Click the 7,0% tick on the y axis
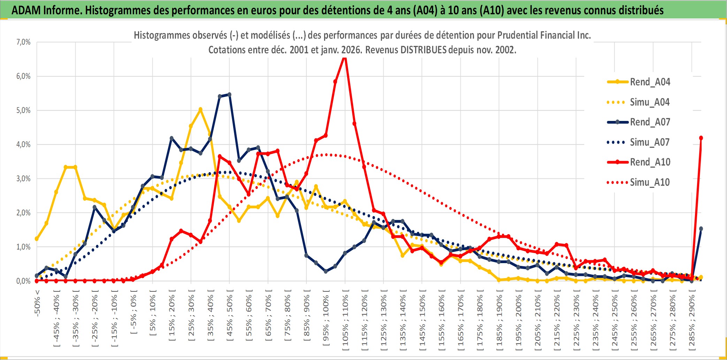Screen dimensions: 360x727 [x=23, y=42]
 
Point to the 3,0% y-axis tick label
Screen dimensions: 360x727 [x=23, y=178]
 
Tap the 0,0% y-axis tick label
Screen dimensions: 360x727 [x=23, y=281]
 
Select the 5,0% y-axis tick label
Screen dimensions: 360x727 [x=23, y=110]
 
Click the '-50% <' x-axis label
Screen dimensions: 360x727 [x=37, y=303]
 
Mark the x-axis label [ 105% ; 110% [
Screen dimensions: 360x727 [x=345, y=321]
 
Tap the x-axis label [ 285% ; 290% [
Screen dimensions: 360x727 [x=691, y=321]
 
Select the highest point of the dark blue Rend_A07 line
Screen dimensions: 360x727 [x=229, y=94]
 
